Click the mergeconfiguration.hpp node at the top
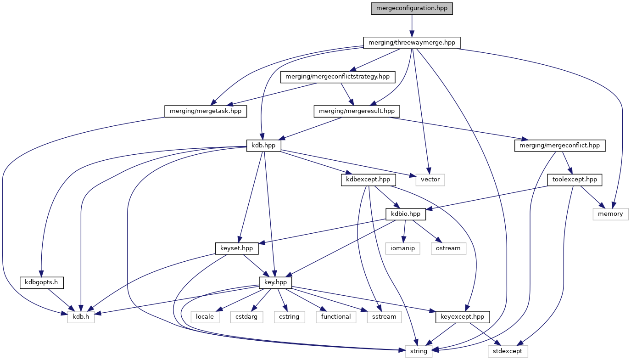[412, 8]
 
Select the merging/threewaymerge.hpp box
[412, 43]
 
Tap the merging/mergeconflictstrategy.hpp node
[338, 77]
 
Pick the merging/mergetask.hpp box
[205, 111]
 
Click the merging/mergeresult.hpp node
[357, 111]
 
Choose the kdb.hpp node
[263, 146]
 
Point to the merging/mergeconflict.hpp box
[560, 146]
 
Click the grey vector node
[430, 180]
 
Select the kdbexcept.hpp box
[368, 180]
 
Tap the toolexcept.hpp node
[575, 180]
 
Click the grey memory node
[610, 214]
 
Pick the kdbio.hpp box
[406, 214]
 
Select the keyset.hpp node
[237, 248]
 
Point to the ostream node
[448, 248]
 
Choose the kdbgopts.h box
[41, 282]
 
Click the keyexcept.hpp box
[459, 317]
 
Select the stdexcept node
[508, 351]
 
